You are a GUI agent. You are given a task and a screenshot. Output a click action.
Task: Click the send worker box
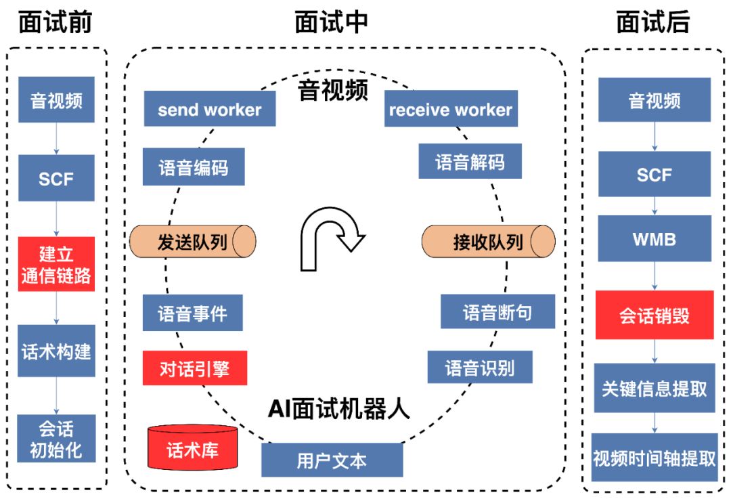(210, 109)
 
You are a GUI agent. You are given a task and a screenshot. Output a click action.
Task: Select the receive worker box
(451, 109)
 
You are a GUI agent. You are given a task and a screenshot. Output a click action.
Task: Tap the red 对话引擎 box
(194, 368)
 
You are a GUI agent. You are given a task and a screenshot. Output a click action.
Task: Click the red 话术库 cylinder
(193, 449)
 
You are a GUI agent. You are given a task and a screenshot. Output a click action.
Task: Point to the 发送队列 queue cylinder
(192, 242)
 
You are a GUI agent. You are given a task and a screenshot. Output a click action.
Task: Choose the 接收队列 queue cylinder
(488, 242)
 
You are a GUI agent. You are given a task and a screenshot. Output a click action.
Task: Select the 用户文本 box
(332, 460)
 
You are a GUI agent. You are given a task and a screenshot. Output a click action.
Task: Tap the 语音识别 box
(480, 367)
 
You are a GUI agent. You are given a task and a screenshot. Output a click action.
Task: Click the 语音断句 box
(497, 311)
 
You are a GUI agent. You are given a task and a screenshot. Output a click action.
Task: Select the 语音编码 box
(194, 167)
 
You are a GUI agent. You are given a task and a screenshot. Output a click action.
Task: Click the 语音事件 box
(193, 313)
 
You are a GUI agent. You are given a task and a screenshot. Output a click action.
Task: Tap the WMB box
(655, 238)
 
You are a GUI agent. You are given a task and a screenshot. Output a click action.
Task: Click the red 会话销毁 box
(655, 315)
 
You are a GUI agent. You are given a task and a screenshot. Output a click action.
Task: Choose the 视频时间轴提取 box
(655, 458)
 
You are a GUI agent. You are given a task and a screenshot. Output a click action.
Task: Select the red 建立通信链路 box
(56, 264)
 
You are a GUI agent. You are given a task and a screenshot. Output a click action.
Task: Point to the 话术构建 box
(56, 351)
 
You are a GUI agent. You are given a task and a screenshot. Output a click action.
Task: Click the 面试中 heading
(332, 22)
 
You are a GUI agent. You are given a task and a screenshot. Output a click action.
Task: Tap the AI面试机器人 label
(338, 408)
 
